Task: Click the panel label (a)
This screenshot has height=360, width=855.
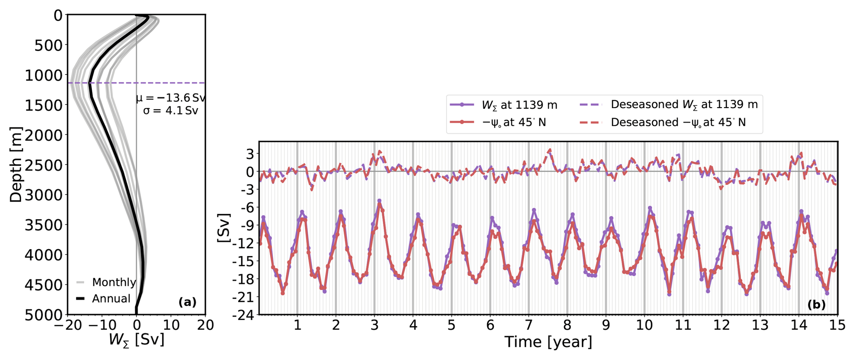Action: coord(187,302)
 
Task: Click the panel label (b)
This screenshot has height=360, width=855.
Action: coord(816,305)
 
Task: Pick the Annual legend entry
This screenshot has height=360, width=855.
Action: coord(111,299)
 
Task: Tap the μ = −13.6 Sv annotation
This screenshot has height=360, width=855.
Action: coord(170,98)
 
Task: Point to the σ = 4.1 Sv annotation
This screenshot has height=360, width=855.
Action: coord(170,111)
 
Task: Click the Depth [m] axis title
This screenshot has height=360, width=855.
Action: coord(16,164)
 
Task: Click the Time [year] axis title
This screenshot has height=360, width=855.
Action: coord(548,342)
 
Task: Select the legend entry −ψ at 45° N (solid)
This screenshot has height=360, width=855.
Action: coord(514,122)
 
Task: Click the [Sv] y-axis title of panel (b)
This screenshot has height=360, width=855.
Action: coord(223,228)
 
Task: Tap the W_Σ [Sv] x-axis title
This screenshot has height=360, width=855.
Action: coord(137,340)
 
